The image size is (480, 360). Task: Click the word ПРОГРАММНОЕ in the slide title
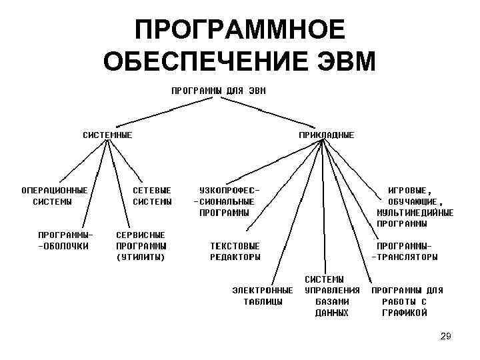[x=240, y=30]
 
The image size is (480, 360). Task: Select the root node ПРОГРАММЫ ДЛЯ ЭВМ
[x=218, y=90]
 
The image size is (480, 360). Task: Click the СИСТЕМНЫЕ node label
[x=107, y=135]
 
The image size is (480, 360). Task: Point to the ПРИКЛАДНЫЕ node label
[x=326, y=135]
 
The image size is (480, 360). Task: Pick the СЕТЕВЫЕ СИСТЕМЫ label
[x=152, y=195]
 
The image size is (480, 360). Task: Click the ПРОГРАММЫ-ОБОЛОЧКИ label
[x=65, y=240]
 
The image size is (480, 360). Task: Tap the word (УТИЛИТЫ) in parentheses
[x=140, y=257]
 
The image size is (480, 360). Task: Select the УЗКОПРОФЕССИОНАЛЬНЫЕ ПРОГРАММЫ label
[x=225, y=201]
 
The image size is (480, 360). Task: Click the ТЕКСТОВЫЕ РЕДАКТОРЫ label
[x=235, y=251]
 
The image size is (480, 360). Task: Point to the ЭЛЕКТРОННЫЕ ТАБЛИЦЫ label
[x=262, y=296]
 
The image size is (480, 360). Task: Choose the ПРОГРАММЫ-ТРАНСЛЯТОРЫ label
[x=405, y=251]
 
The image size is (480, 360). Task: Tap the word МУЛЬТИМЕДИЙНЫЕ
[x=415, y=213]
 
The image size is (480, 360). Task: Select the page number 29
[x=446, y=337]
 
